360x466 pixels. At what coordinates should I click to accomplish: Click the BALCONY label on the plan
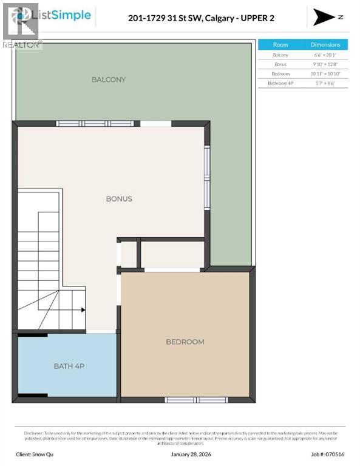pyautogui.click(x=109, y=79)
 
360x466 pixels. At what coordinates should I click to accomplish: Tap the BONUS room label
pyautogui.click(x=119, y=198)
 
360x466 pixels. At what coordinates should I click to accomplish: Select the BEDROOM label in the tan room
pyautogui.click(x=185, y=342)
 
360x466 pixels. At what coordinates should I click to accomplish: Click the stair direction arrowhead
pyautogui.click(x=83, y=309)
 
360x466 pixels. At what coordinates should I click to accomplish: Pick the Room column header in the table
pyautogui.click(x=280, y=44)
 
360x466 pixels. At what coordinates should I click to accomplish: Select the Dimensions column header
pyautogui.click(x=325, y=44)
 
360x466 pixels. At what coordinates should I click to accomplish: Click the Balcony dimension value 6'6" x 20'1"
pyautogui.click(x=325, y=55)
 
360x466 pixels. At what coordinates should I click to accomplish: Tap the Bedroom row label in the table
pyautogui.click(x=280, y=73)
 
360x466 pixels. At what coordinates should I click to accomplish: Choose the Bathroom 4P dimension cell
pyautogui.click(x=325, y=83)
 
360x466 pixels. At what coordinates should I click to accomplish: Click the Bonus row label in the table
pyautogui.click(x=280, y=64)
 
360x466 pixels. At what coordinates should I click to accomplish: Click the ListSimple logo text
pyautogui.click(x=67, y=15)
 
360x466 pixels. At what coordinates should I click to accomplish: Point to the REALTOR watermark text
pyautogui.click(x=22, y=44)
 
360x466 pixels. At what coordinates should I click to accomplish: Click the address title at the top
pyautogui.click(x=201, y=18)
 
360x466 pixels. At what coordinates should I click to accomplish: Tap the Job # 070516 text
pyautogui.click(x=328, y=453)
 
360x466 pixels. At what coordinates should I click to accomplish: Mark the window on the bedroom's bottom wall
pyautogui.click(x=188, y=400)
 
